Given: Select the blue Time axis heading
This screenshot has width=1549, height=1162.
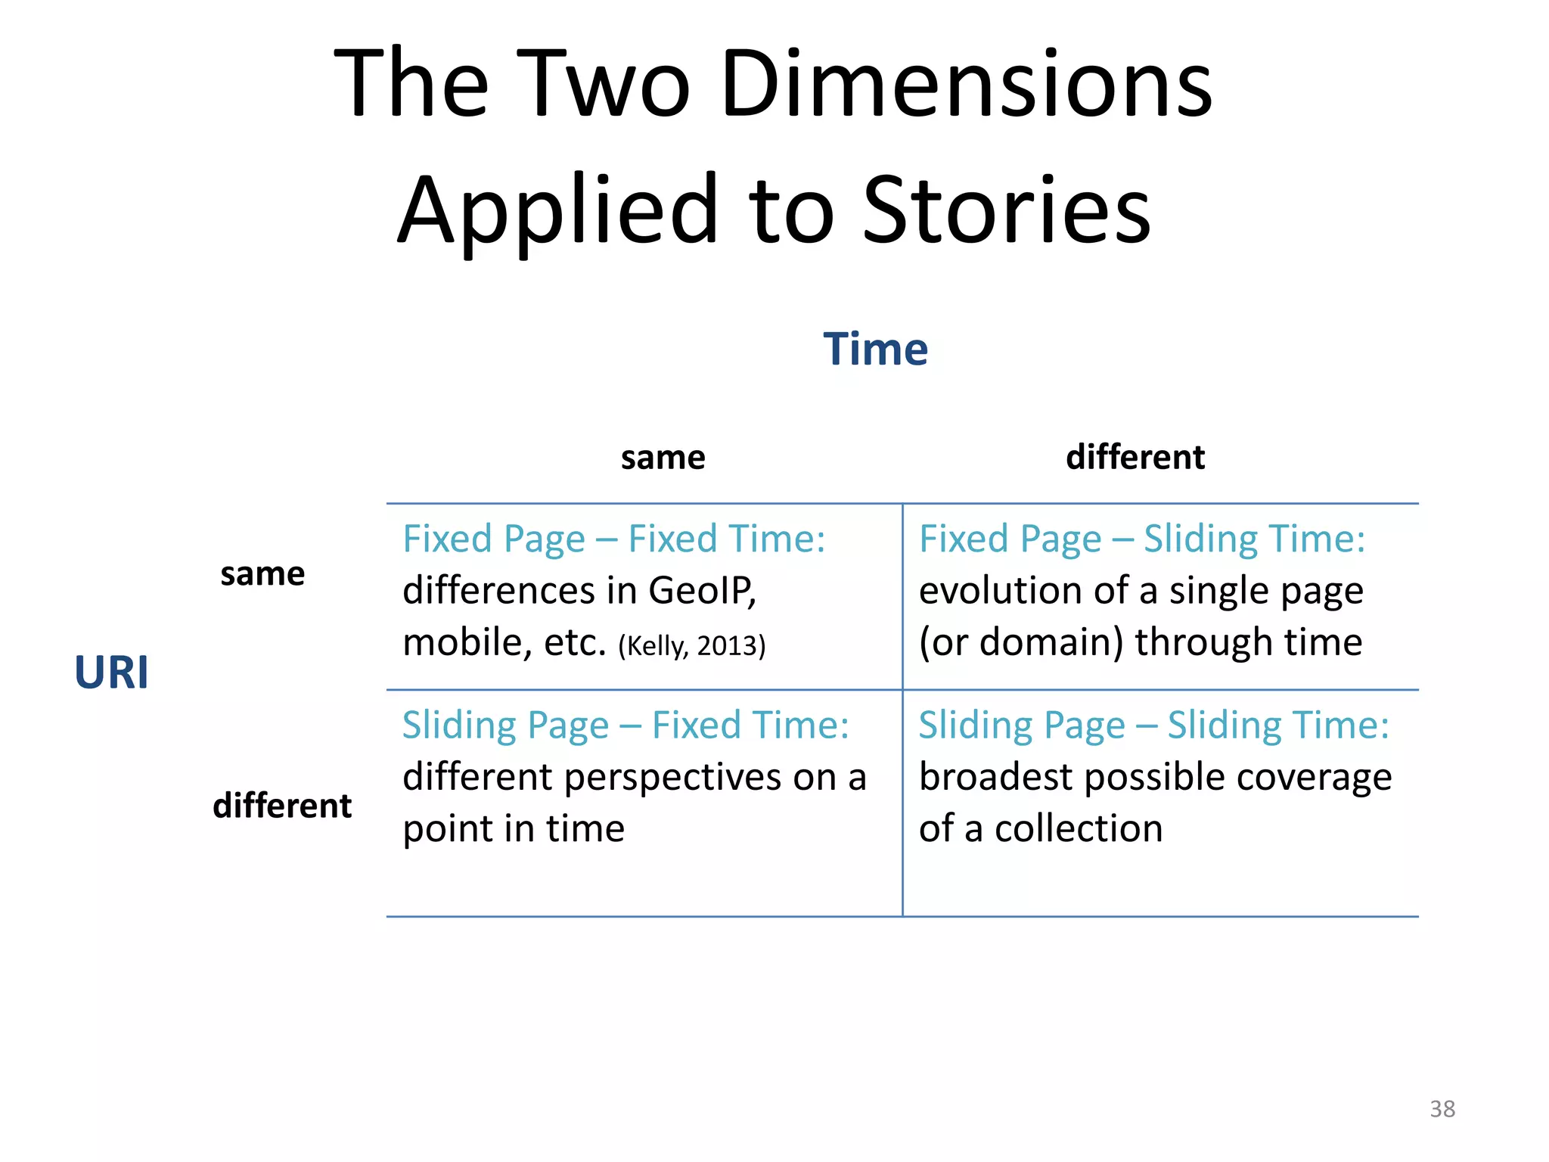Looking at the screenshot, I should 875,350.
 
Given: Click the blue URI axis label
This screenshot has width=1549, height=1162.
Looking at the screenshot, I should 111,672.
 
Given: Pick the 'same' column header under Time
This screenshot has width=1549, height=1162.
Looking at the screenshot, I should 663,458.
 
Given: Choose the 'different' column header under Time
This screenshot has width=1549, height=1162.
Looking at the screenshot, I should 1135,458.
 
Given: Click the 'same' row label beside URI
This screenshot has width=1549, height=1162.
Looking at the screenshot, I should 262,574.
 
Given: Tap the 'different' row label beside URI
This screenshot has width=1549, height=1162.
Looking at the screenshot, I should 282,806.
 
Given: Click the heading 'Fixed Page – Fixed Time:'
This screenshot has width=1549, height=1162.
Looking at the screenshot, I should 613,539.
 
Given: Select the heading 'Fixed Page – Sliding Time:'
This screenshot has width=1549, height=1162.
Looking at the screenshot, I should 1142,539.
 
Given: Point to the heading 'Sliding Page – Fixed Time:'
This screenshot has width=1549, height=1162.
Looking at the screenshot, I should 625,725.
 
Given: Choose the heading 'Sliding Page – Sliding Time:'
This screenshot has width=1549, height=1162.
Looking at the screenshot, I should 1153,725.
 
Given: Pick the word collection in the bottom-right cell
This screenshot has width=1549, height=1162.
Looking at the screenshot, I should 1078,829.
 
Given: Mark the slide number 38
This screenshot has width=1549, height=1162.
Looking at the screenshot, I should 1442,1109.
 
